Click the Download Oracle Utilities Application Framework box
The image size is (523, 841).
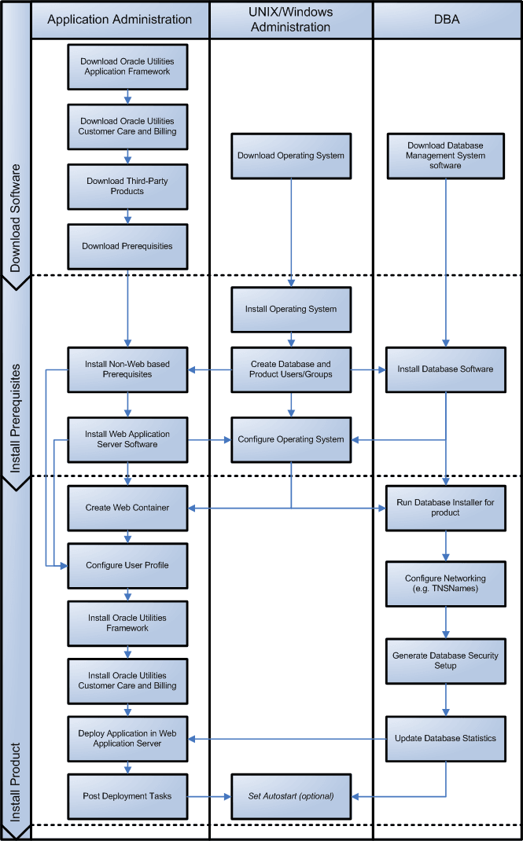tap(127, 66)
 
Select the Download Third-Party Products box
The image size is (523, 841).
tap(127, 186)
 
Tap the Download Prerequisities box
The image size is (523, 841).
tap(127, 246)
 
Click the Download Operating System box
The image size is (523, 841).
tap(291, 156)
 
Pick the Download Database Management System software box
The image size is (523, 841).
tap(446, 156)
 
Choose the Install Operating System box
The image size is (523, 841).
tap(291, 309)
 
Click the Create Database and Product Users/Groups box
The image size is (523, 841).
tap(291, 369)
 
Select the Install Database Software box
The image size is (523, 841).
tap(446, 369)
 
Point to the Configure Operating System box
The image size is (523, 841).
tap(291, 439)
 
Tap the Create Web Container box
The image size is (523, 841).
tap(127, 508)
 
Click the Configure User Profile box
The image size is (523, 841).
tap(127, 565)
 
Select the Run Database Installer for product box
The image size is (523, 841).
tap(446, 508)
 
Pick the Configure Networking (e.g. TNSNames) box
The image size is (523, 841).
tap(446, 583)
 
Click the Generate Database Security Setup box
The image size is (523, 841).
tap(446, 660)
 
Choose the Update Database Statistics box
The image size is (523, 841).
tap(446, 738)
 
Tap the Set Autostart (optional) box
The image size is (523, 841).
tap(291, 796)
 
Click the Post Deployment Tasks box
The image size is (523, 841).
tap(127, 796)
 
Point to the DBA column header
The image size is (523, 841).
tap(446, 19)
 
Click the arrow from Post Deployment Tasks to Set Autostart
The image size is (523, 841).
tap(209, 796)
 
